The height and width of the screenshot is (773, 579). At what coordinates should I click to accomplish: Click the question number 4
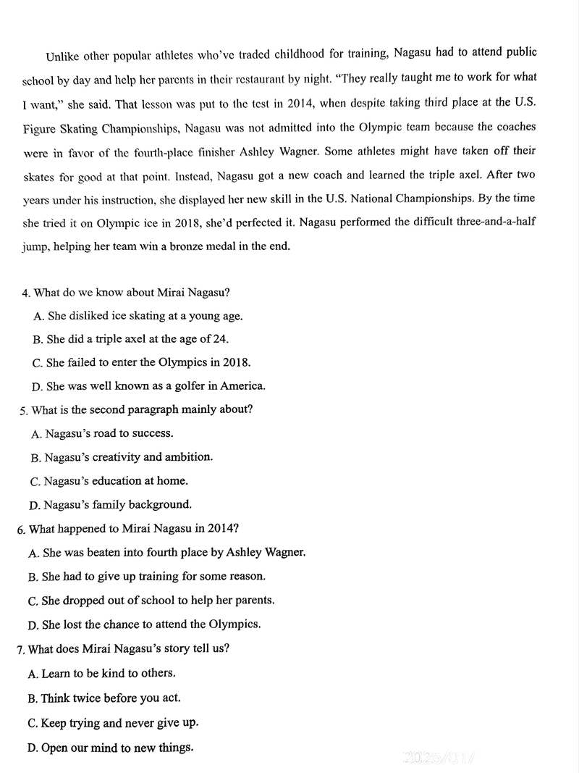(26, 293)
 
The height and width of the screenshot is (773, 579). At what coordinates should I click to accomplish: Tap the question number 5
(24, 411)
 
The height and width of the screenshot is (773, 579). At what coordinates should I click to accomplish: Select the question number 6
(21, 530)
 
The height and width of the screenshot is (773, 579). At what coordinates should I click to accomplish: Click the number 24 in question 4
(221, 338)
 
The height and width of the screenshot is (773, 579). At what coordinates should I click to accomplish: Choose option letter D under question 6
(33, 624)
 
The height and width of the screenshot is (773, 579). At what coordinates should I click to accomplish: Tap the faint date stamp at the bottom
(441, 758)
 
